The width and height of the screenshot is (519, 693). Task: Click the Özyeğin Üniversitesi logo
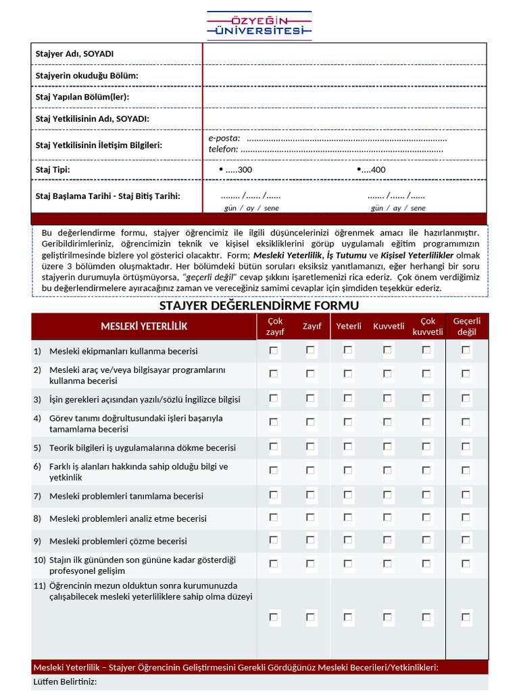point(259,24)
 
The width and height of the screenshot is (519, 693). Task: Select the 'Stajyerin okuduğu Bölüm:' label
point(86,76)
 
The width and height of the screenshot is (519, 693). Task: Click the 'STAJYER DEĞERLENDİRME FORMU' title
point(259,306)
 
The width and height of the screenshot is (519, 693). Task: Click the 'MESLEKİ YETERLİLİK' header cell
point(144,326)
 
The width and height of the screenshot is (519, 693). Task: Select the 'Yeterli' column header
point(349,326)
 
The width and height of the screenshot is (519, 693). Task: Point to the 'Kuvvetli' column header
point(388,326)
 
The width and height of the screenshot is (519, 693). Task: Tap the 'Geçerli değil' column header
point(466,326)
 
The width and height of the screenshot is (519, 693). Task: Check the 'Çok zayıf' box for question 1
point(274,351)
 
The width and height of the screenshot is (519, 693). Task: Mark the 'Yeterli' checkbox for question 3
point(348,399)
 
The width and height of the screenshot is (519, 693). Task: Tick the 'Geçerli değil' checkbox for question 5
point(466,447)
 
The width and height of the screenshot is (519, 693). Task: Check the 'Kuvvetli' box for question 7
point(387,495)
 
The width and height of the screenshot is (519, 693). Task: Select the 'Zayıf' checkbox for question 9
point(310,540)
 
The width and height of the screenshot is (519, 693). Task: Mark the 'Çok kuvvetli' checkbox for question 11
point(426,617)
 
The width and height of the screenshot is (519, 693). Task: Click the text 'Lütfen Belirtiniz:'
point(65,681)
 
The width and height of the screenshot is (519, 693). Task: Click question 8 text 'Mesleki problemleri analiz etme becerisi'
point(128,519)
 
